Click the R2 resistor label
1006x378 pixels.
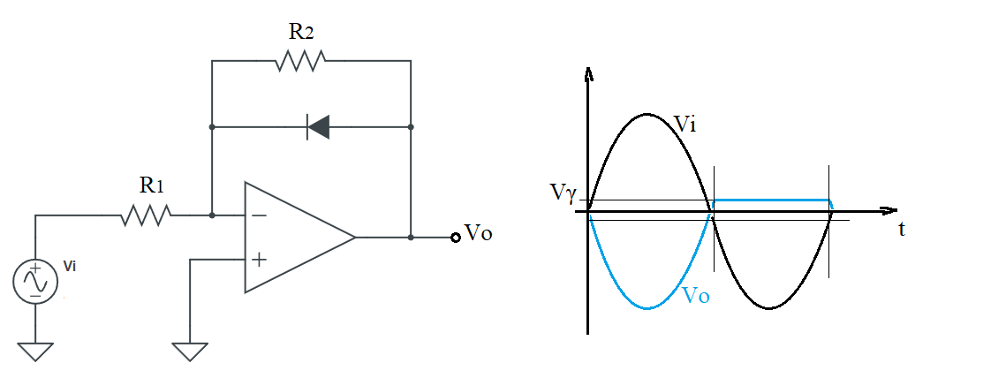[301, 33]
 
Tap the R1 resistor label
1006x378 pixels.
[152, 185]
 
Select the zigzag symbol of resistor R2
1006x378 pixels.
[300, 61]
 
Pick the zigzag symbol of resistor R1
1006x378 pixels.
[146, 215]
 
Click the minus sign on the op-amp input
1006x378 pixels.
[258, 215]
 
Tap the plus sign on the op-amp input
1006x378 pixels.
[259, 260]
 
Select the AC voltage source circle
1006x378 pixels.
[35, 283]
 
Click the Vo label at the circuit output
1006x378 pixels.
[479, 234]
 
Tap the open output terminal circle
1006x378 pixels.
[456, 238]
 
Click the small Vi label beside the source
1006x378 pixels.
[70, 265]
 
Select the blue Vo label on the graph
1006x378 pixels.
[697, 296]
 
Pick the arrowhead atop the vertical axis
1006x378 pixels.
[588, 73]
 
